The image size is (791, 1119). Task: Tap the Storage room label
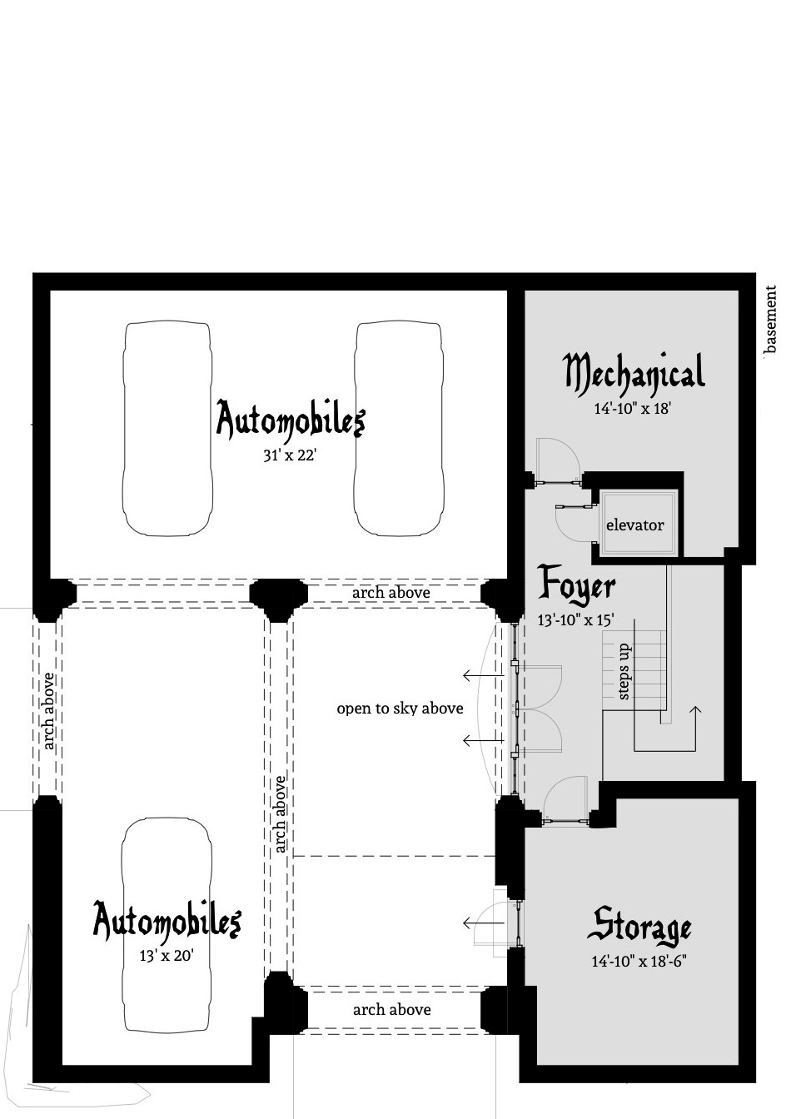coord(641,926)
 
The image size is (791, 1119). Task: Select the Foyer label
coord(576,585)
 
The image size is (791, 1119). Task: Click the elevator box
coord(635,525)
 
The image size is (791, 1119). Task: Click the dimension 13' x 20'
coord(167,956)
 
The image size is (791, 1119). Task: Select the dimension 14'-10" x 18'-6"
coord(639,962)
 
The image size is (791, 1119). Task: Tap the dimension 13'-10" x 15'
coord(576,619)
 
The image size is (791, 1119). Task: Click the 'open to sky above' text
coord(400,709)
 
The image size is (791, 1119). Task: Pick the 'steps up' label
coord(624,671)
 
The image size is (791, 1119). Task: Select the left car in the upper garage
coord(167,429)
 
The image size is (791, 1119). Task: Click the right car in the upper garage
coord(398,429)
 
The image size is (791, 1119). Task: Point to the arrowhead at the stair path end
coord(695,709)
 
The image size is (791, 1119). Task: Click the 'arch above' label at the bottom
coord(391,1010)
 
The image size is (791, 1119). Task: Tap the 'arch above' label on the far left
coord(48,710)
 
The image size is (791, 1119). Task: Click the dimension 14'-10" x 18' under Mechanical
coord(633,409)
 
